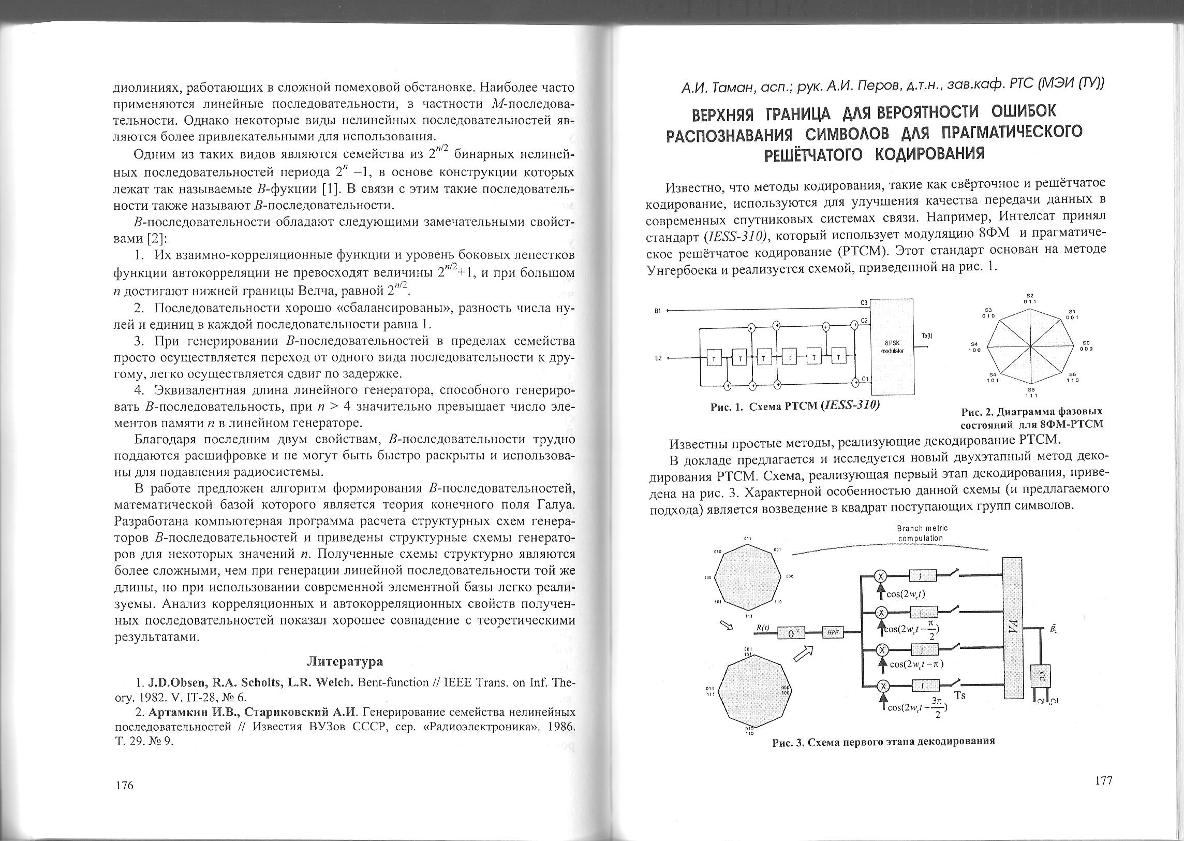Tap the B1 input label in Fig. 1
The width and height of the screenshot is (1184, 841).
click(658, 311)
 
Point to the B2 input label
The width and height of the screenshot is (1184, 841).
click(658, 358)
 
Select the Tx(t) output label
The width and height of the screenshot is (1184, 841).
click(926, 335)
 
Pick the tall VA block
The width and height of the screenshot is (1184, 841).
click(1013, 628)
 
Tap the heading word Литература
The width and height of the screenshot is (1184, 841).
click(345, 661)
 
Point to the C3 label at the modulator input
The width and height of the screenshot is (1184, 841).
click(863, 302)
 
